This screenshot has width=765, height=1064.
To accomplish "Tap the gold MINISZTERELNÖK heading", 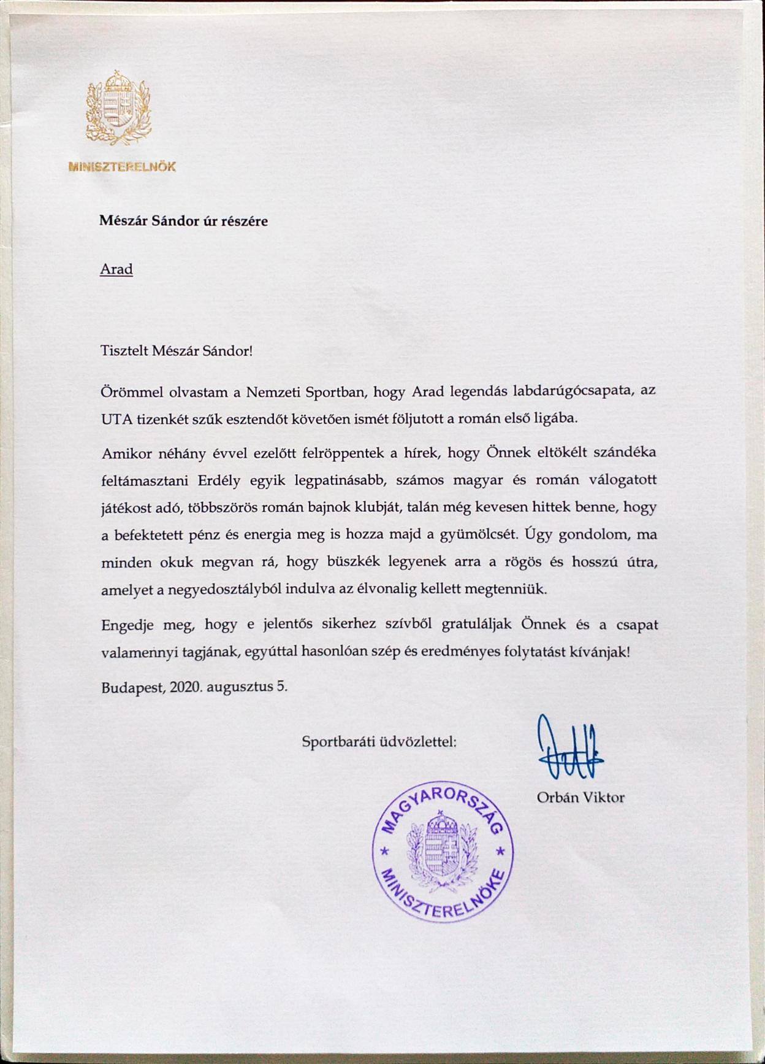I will click(122, 166).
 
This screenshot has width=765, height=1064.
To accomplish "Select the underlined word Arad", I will click(116, 269).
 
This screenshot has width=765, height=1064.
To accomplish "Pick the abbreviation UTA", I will click(113, 420).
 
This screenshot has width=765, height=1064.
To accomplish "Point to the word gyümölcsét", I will click(477, 534).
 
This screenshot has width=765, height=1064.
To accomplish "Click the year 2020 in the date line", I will click(186, 687).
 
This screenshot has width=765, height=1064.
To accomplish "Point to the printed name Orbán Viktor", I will click(580, 798).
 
